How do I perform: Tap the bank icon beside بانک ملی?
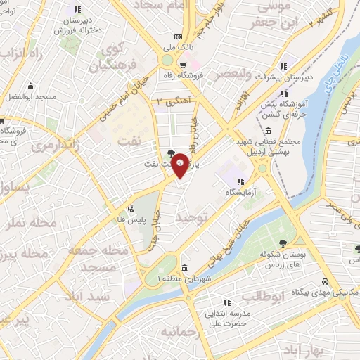coord(178,37)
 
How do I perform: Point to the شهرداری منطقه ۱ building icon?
coord(184,267)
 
